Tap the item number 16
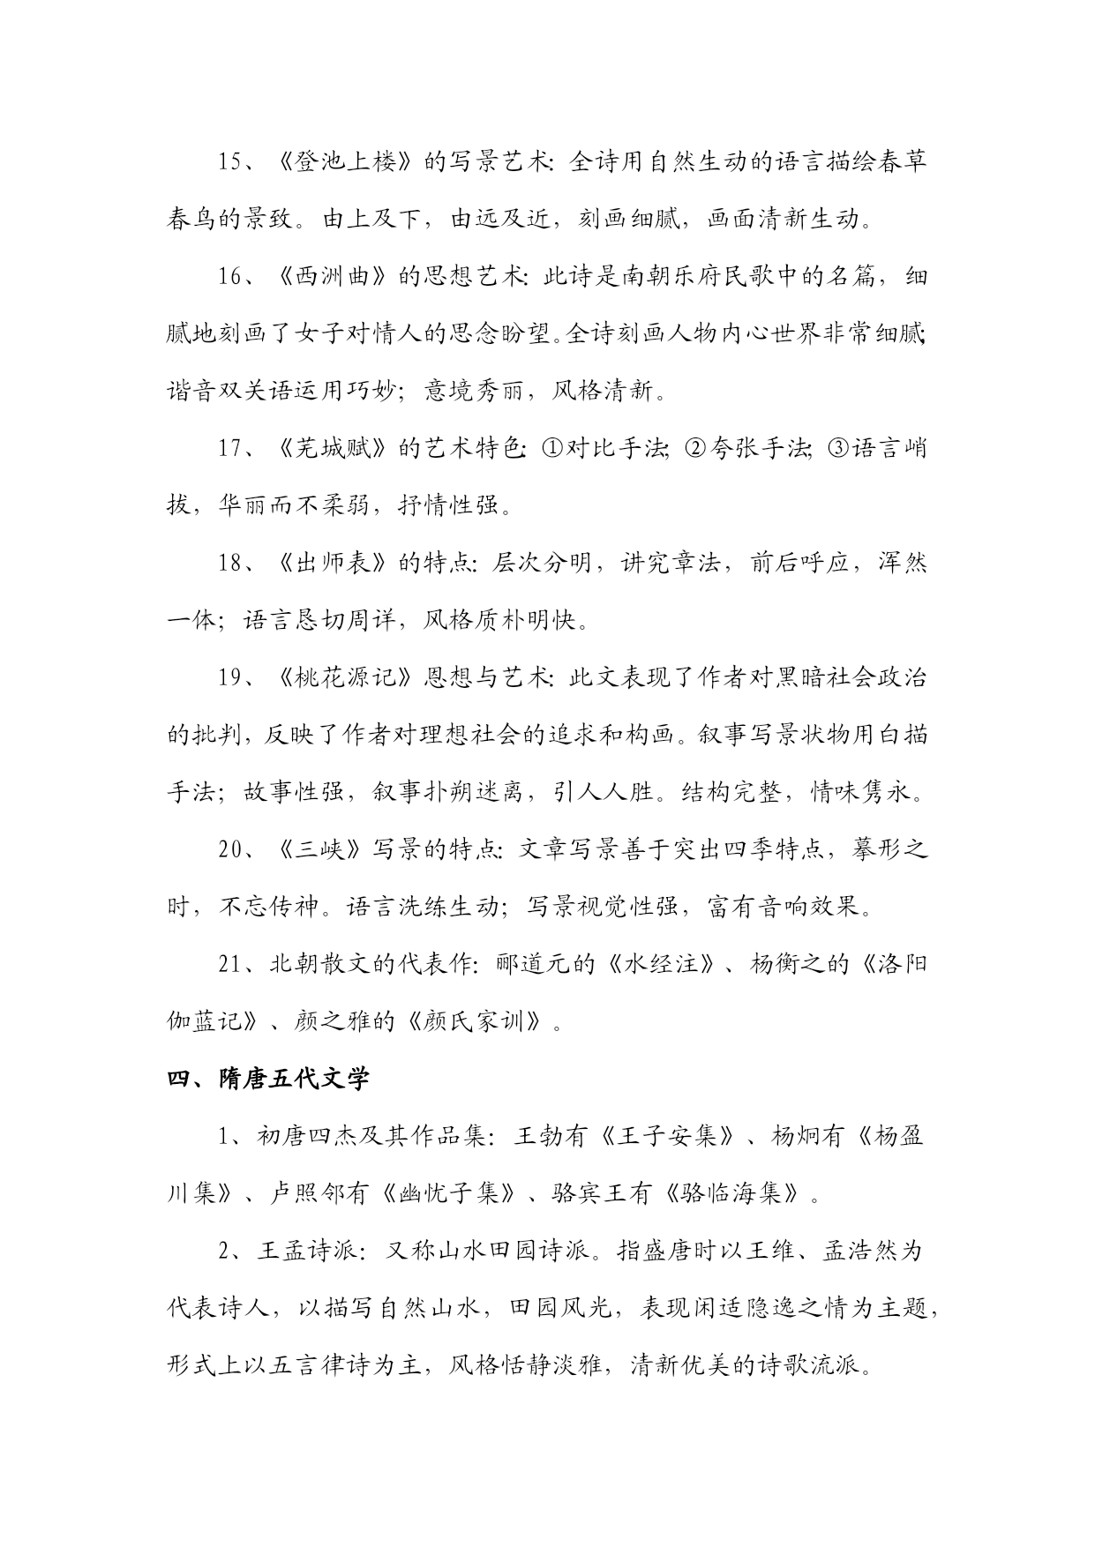pos(231,277)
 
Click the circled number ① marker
pos(550,448)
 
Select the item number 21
pos(231,964)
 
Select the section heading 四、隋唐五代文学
pos(268,1079)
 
